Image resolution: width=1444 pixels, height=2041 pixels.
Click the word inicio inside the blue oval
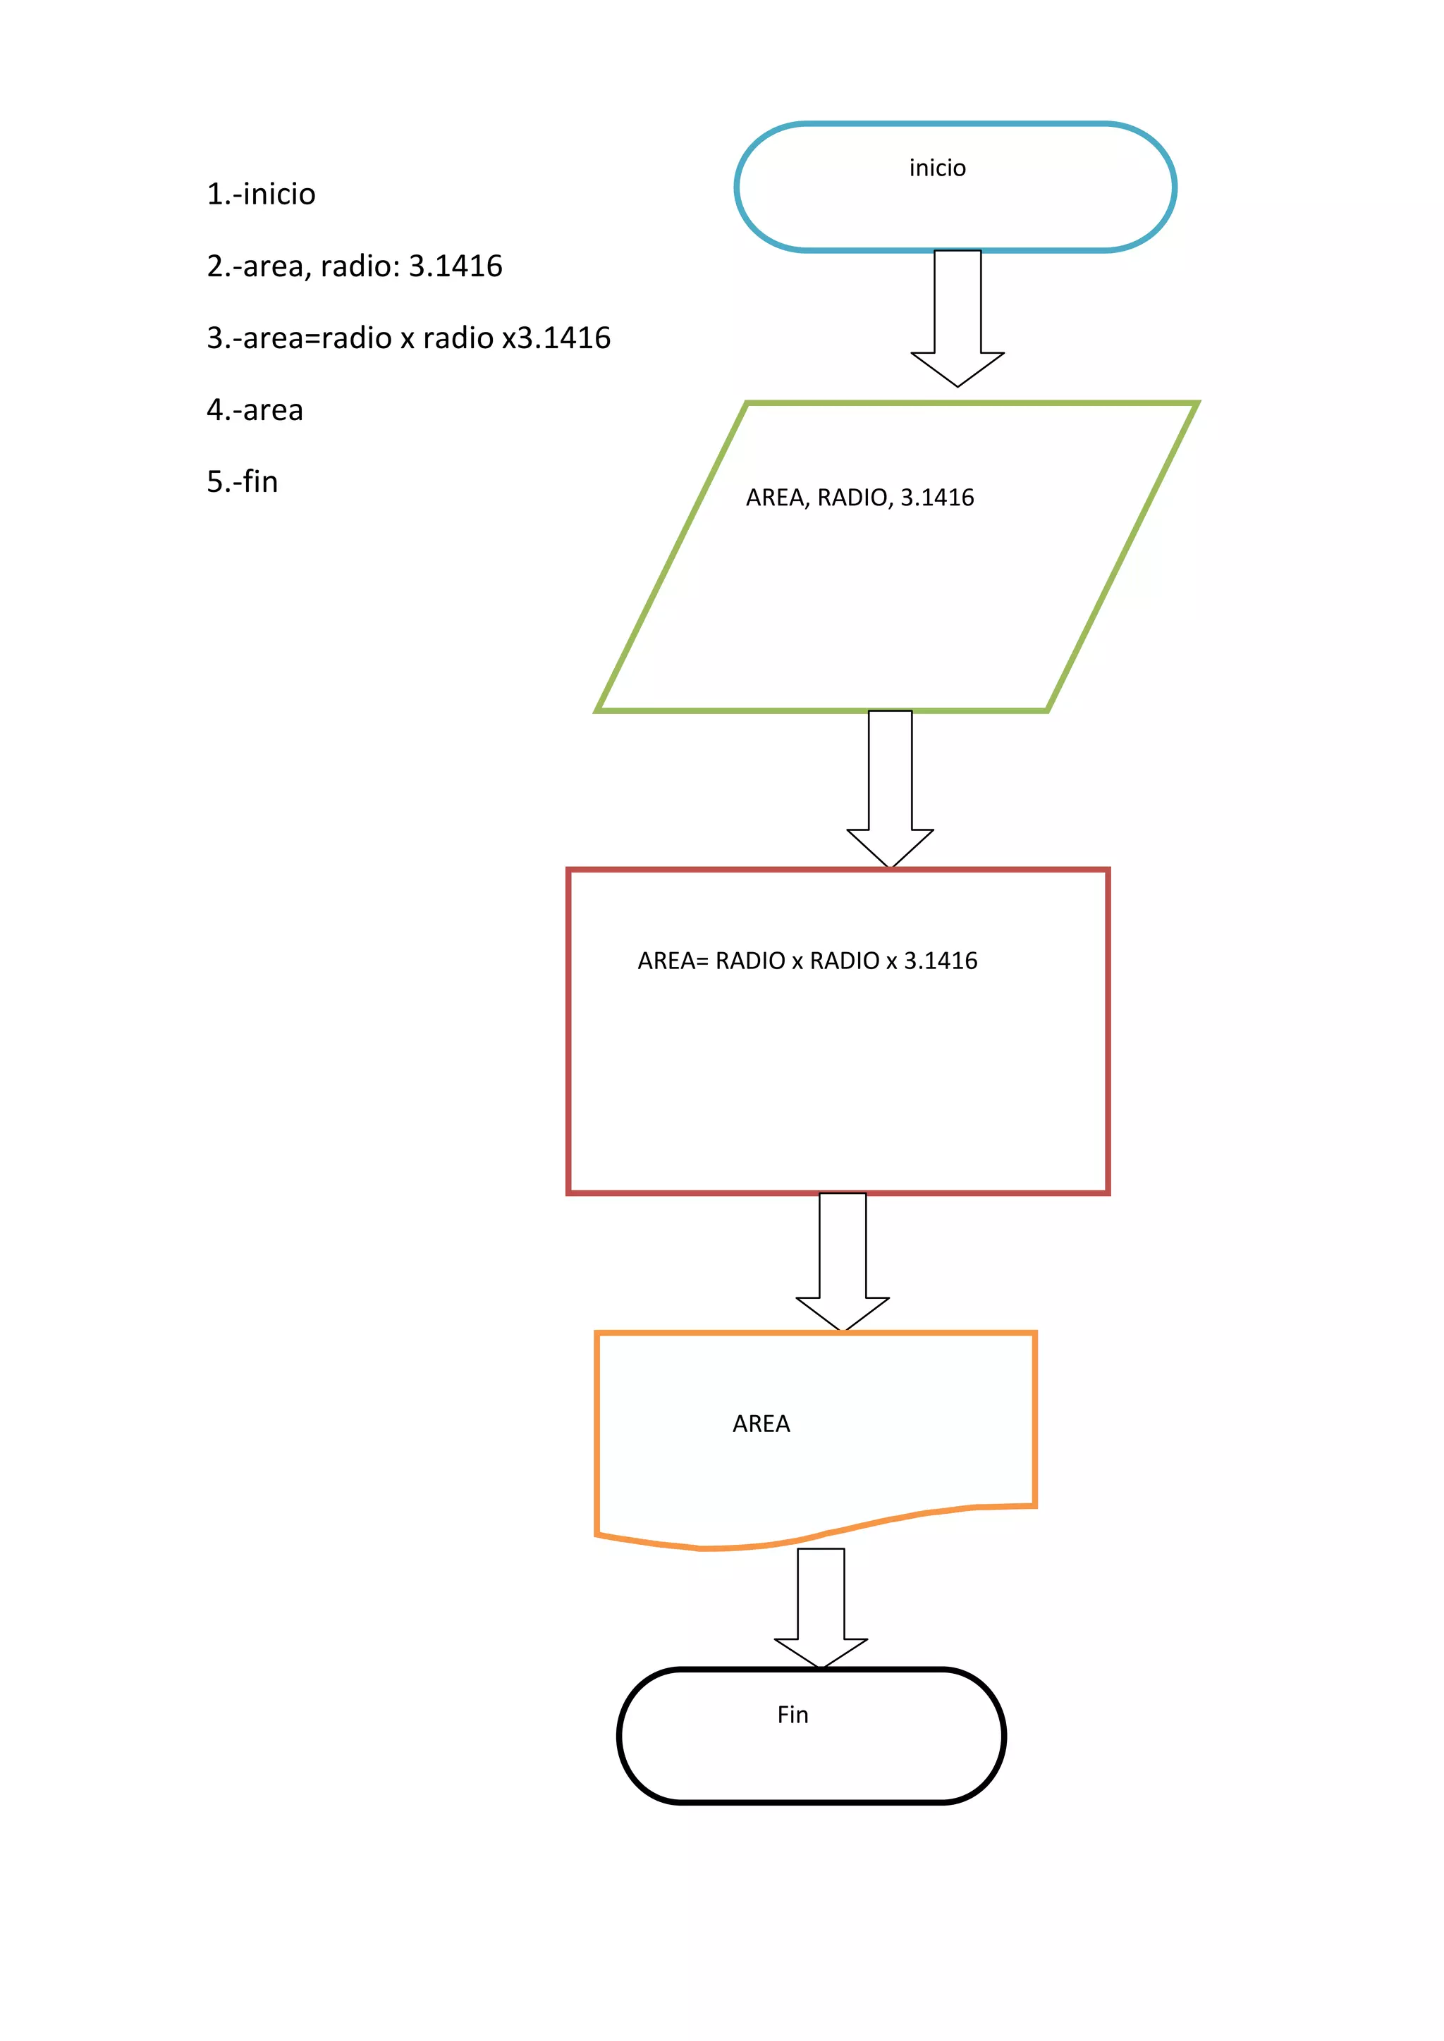click(x=937, y=168)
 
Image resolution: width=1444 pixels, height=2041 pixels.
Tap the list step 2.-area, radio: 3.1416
click(x=354, y=266)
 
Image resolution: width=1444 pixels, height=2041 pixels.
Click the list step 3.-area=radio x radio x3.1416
click(x=408, y=338)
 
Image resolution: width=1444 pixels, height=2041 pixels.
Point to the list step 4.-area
click(x=255, y=409)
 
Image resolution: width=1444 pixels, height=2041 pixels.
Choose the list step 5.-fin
click(x=242, y=482)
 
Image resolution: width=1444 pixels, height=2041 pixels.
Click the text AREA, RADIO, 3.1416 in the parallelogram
click(x=859, y=498)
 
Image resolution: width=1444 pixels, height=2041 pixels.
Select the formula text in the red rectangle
click(x=807, y=961)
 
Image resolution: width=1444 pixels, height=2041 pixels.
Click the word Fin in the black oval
click(x=793, y=1715)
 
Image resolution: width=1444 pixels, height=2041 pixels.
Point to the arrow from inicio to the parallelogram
click(x=957, y=320)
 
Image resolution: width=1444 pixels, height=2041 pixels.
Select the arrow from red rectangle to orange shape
click(x=842, y=1262)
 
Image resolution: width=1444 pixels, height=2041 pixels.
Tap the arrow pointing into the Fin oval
click(x=821, y=1609)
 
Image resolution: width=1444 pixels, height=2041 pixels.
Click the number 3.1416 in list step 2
click(x=455, y=266)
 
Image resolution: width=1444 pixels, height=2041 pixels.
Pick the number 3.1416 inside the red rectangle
click(x=941, y=961)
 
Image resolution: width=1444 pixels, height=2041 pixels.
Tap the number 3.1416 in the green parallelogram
click(x=937, y=498)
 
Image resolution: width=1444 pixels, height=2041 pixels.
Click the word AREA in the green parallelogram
click(x=774, y=498)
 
